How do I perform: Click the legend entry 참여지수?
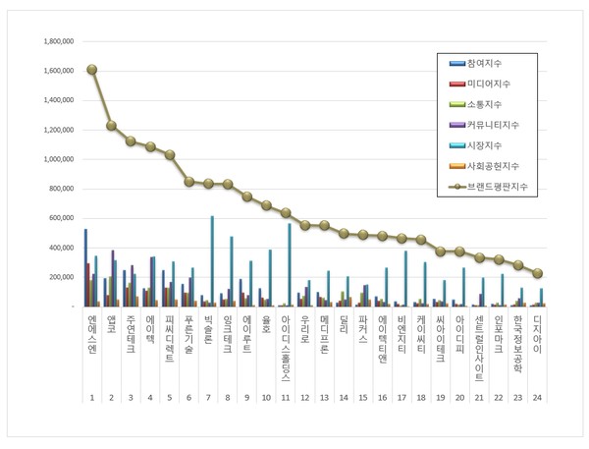(x=487, y=63)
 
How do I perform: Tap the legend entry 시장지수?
(x=487, y=145)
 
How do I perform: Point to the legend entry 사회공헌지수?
(x=493, y=166)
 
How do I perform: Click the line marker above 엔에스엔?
(x=91, y=70)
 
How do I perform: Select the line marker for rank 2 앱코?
(x=111, y=125)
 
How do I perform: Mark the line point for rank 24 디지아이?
(x=537, y=273)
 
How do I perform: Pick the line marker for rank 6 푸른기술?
(x=188, y=182)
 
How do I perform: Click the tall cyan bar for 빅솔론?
(x=212, y=260)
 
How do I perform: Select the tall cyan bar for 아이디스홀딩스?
(x=290, y=264)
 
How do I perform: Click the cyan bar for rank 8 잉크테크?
(x=232, y=271)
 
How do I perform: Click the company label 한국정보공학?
(x=518, y=345)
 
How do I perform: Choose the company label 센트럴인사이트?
(x=479, y=349)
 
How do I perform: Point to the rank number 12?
(x=304, y=397)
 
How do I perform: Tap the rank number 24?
(x=537, y=397)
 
